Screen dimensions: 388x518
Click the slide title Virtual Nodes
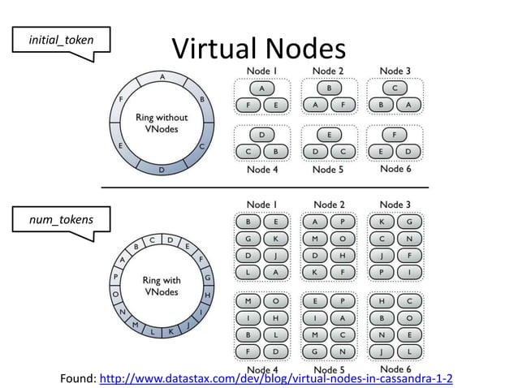[258, 48]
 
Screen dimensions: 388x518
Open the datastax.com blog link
[275, 378]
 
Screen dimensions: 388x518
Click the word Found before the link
[77, 378]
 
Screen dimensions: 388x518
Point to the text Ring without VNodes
[161, 123]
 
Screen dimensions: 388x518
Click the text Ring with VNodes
[161, 286]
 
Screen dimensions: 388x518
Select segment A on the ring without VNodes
[162, 77]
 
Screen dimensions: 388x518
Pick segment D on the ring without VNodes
[162, 169]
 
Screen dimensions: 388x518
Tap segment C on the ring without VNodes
[201, 146]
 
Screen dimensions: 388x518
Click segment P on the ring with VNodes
[115, 277]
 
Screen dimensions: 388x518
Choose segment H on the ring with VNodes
[207, 295]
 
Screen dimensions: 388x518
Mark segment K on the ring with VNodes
[171, 331]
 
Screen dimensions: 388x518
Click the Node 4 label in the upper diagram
[261, 170]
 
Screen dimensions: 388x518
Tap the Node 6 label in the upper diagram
[395, 169]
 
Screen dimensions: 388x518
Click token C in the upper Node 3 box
[395, 88]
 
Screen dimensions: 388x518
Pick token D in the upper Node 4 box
[261, 134]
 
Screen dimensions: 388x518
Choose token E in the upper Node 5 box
[328, 134]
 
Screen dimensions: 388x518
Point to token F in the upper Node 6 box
[395, 134]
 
